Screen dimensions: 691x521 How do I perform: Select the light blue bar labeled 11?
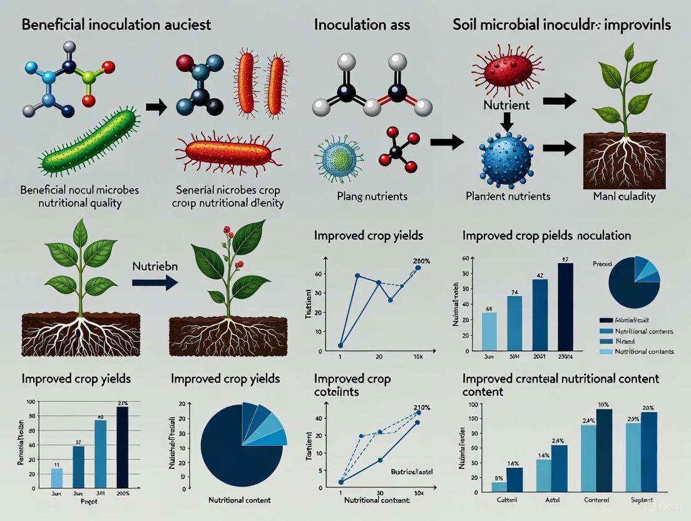click(56, 477)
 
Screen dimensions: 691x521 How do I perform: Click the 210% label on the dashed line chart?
click(414, 408)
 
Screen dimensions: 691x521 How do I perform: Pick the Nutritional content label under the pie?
click(239, 500)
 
